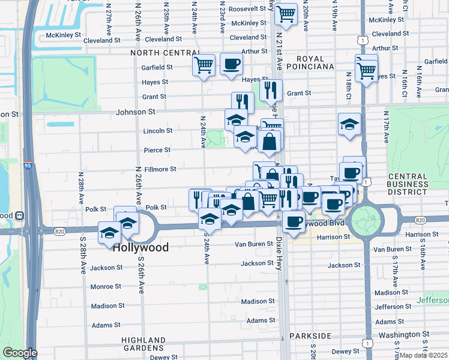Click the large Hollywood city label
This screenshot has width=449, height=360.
(x=140, y=247)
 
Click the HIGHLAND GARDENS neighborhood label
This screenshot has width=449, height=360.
(x=143, y=343)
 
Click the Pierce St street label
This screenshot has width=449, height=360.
(x=157, y=150)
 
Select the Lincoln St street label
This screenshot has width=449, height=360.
(x=158, y=131)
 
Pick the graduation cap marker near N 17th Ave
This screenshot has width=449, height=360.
(x=349, y=124)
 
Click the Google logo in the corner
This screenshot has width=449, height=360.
(x=19, y=353)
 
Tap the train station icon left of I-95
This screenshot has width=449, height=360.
(x=19, y=215)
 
